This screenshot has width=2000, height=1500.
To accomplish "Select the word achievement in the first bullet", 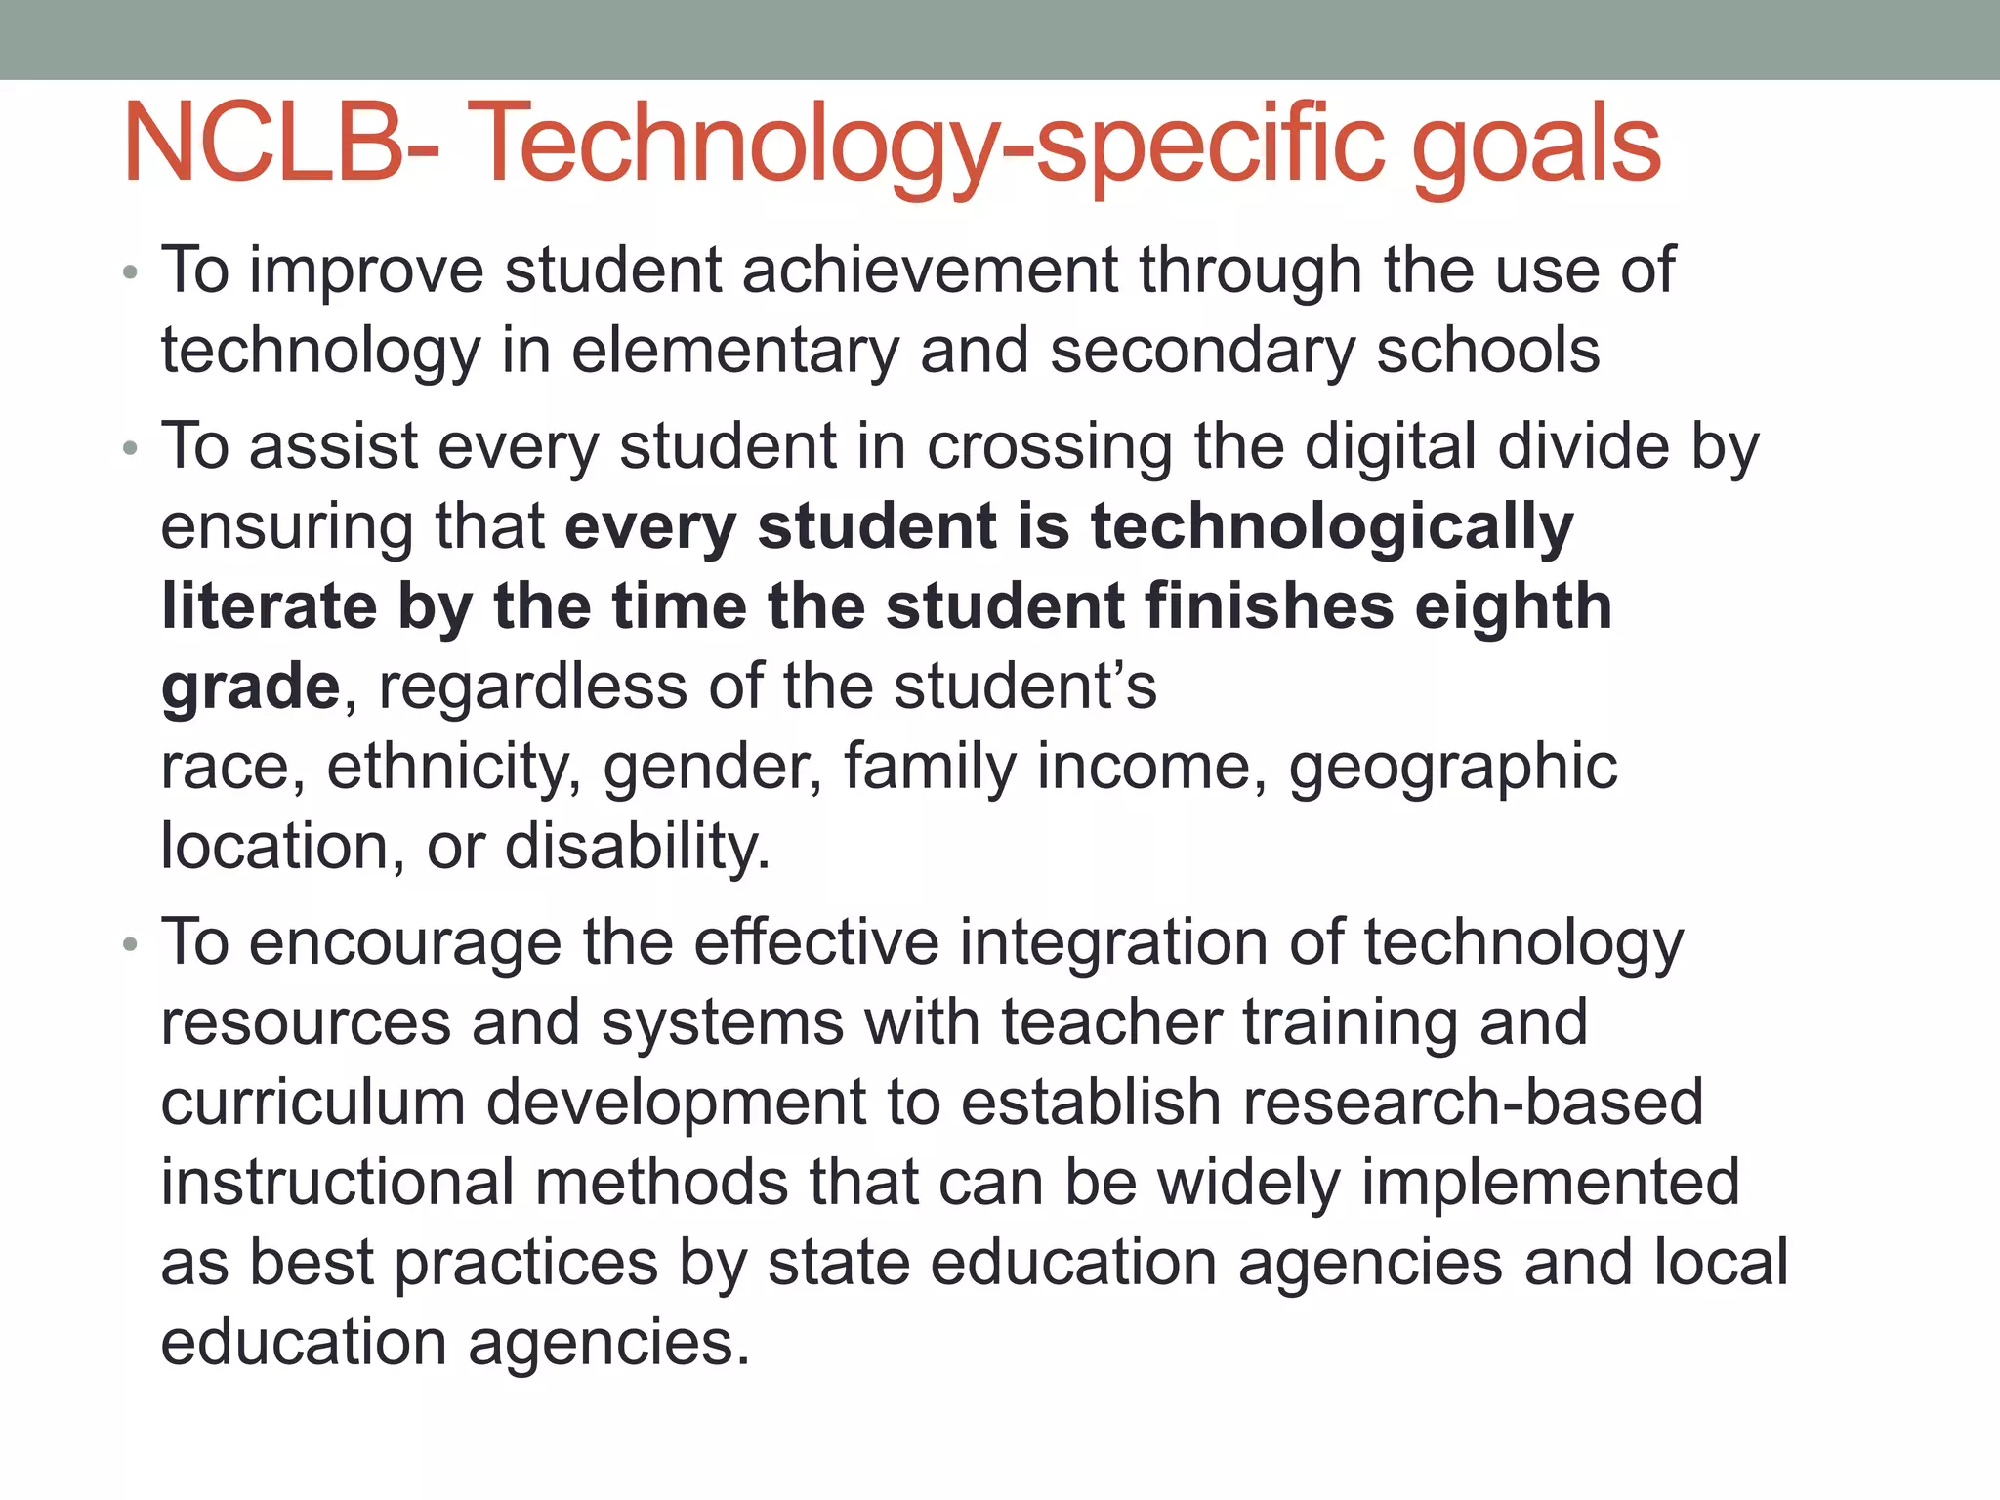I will pyautogui.click(x=929, y=270).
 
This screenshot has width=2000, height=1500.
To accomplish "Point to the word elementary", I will pyautogui.click(x=734, y=351).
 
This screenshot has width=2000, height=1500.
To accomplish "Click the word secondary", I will pyautogui.click(x=1202, y=351).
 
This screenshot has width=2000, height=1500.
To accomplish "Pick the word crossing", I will pyautogui.click(x=1049, y=446).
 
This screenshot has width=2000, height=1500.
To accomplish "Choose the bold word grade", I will pyautogui.click(x=250, y=687).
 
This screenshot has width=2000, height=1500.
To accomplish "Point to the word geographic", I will pyautogui.click(x=1452, y=767).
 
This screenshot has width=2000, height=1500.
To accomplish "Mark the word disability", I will pyautogui.click(x=638, y=846).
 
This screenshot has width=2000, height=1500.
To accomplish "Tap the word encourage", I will pyautogui.click(x=405, y=942).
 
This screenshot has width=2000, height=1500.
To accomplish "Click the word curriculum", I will pyautogui.click(x=312, y=1103).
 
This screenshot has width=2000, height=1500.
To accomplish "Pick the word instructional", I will pyautogui.click(x=337, y=1183).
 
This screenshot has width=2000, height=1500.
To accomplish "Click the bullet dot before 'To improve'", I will pyautogui.click(x=130, y=272).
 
